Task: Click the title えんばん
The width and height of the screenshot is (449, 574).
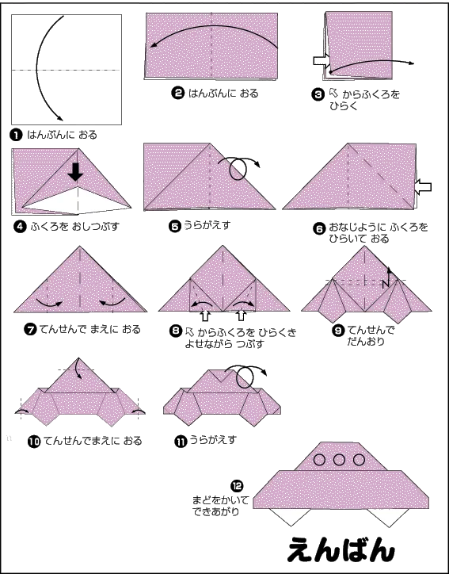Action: point(341,549)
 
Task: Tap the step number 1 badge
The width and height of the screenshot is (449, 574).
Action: point(16,135)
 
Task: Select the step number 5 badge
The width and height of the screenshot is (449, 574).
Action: point(175,227)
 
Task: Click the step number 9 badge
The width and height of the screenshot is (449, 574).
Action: point(338,331)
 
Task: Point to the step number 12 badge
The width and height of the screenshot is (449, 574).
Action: point(237,486)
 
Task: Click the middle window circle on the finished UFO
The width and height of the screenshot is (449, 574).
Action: point(339,459)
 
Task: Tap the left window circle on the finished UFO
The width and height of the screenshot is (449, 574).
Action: point(320,459)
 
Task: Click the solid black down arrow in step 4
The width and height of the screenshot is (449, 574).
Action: point(76,172)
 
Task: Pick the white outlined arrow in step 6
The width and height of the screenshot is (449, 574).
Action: point(423,187)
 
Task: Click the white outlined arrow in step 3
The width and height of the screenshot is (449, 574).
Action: point(322,60)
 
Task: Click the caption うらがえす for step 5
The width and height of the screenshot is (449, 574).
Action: point(207,225)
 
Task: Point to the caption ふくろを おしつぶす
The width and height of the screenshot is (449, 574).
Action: point(75,227)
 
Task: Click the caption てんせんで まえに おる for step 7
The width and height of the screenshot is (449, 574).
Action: point(90,330)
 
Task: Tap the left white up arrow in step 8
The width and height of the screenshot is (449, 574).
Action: point(206,316)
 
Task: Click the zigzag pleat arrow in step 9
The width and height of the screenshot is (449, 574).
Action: point(387,278)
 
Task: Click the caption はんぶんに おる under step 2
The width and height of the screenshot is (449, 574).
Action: point(223,94)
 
